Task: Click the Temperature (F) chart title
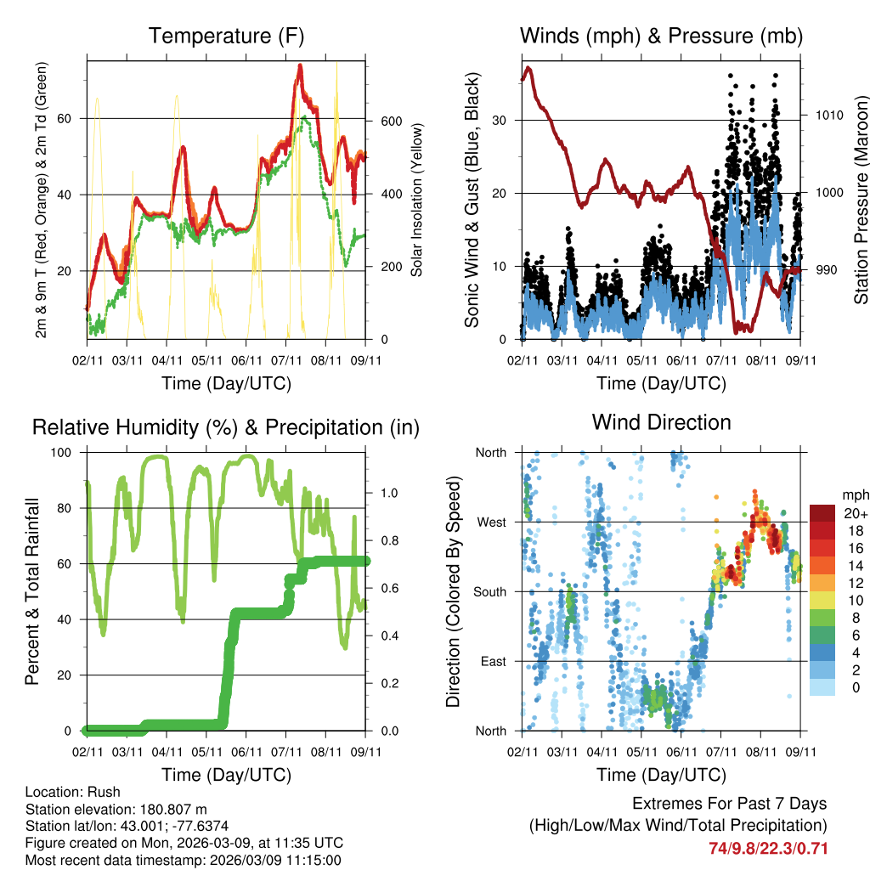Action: coord(226,36)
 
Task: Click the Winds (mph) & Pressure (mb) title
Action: coord(661,36)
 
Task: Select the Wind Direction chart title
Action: coord(661,421)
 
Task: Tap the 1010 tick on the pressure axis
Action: coord(829,115)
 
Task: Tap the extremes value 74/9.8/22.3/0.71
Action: coord(768,848)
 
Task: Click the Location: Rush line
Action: coord(73,793)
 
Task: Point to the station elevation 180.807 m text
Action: coord(116,810)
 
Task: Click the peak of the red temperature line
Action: coord(300,65)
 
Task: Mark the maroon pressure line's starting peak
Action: coord(528,67)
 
